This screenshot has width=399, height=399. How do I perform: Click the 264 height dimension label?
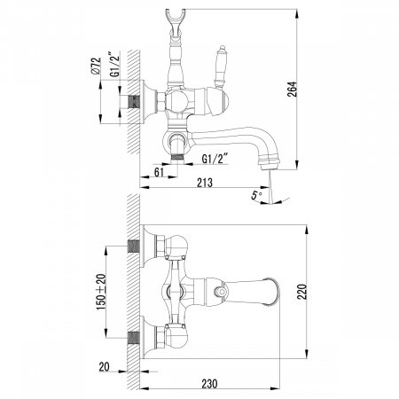[293, 89]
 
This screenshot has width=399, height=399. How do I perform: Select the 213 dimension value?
[205, 183]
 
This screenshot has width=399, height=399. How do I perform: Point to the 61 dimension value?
[159, 172]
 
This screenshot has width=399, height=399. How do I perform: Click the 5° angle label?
[256, 195]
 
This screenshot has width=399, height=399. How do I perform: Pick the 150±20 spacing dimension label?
[101, 292]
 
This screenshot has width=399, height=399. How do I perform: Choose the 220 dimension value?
[302, 292]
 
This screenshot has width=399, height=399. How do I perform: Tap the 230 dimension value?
[209, 384]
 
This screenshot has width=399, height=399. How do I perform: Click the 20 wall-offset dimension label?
[104, 367]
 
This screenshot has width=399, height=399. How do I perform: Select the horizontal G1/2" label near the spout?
[215, 159]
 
